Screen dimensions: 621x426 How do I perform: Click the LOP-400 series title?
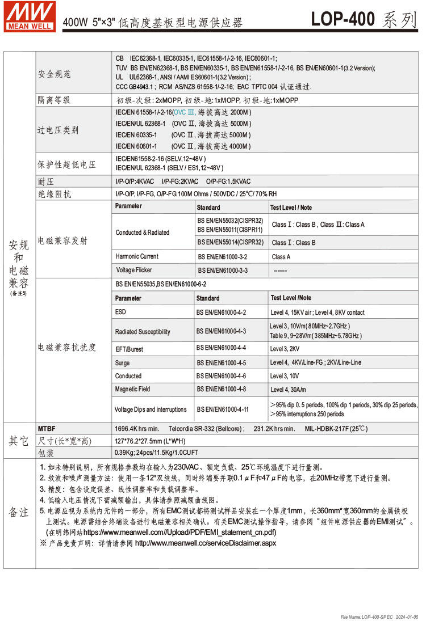(364, 19)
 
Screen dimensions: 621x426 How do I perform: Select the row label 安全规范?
(55, 74)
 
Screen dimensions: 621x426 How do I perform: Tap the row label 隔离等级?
(54, 100)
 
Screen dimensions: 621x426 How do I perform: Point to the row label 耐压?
(45, 181)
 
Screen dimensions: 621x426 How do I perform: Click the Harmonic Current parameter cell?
(137, 256)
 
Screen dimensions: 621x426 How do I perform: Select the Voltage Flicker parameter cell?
(134, 270)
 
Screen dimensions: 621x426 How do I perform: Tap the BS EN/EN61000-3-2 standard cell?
(223, 257)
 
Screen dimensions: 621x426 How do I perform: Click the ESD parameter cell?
(120, 312)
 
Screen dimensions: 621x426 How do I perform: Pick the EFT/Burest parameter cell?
(129, 349)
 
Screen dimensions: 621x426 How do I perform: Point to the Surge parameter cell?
(122, 362)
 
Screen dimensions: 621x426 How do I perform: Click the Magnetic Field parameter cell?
(132, 389)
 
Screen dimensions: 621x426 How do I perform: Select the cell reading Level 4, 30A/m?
(288, 390)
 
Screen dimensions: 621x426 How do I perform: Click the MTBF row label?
(47, 429)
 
